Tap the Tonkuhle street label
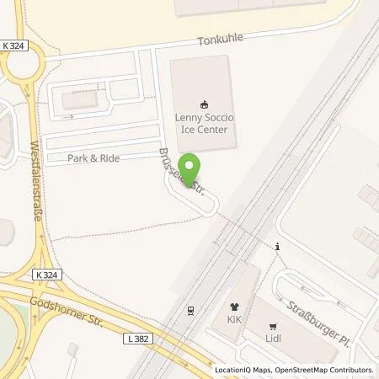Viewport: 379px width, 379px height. coord(222,40)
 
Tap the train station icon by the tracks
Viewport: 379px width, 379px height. coord(191,310)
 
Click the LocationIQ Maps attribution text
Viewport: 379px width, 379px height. coord(242,370)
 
